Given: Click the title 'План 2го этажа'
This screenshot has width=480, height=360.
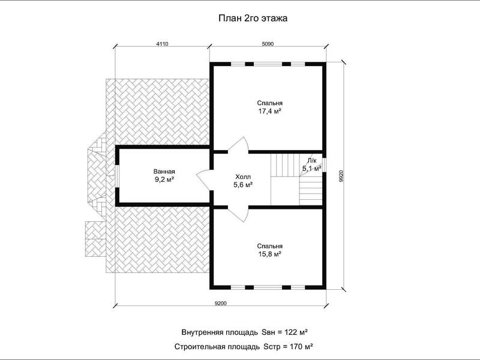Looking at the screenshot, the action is (x=253, y=19).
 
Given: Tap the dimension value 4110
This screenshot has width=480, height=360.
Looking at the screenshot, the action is (x=162, y=44).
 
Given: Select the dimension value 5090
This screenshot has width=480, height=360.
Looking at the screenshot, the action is (x=268, y=44).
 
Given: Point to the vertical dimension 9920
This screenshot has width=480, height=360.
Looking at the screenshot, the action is (x=341, y=176).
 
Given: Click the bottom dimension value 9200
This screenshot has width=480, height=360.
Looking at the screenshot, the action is (x=220, y=304).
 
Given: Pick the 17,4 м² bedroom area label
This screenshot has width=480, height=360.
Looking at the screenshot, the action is (x=269, y=111).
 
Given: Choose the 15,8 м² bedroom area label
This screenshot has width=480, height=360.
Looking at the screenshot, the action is (x=269, y=254).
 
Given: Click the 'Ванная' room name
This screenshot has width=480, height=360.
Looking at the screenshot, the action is (x=164, y=172).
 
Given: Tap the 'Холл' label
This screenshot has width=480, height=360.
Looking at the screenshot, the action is (x=243, y=177).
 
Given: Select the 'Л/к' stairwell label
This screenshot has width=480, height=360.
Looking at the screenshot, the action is (x=312, y=160).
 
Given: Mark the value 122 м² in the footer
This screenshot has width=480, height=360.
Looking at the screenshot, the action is (x=296, y=332).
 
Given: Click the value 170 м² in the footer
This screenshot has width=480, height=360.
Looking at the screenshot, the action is (x=301, y=347).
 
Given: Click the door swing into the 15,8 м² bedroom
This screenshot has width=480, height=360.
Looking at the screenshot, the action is (x=239, y=214).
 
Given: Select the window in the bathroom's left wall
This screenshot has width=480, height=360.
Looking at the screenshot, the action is (x=117, y=176).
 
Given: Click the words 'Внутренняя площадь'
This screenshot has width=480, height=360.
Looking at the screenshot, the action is (x=220, y=332).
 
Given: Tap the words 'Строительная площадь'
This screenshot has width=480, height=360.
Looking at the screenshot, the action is (x=217, y=347).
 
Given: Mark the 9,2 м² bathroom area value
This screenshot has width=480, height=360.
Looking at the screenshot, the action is (x=164, y=179).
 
